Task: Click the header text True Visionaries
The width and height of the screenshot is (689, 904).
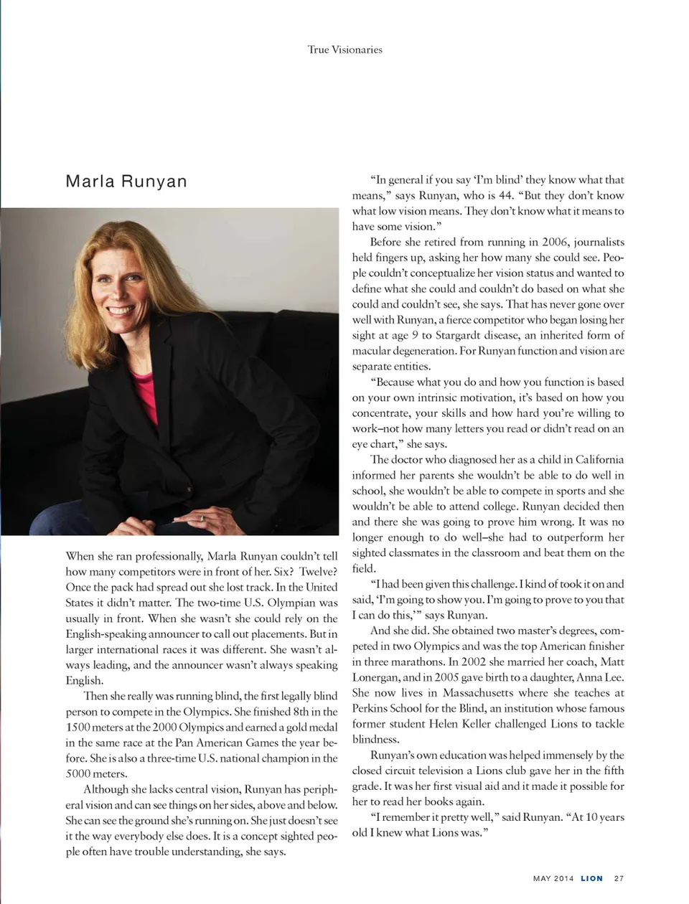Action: tap(344, 50)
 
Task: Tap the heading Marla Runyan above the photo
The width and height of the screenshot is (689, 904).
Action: tap(126, 182)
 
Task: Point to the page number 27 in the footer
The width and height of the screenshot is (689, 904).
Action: tap(619, 878)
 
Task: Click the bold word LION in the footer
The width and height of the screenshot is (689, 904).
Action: tap(591, 878)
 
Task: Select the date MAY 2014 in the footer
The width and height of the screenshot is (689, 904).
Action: tap(553, 878)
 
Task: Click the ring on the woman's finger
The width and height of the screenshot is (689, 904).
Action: tap(202, 517)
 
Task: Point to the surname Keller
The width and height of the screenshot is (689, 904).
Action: tap(529, 724)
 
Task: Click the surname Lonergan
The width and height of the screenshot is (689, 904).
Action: tap(375, 677)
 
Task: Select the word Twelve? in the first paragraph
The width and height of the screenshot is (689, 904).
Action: tap(318, 572)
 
